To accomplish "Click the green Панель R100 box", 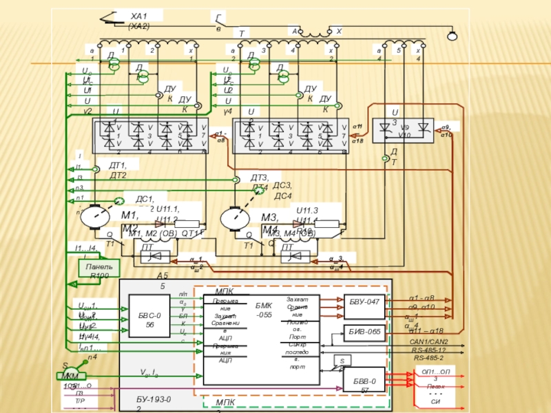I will coord(99,269).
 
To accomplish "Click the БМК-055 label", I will coord(264,309).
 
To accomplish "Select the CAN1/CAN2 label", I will coord(428,342).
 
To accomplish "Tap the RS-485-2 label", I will coord(428,358).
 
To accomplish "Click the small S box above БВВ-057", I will coord(342,360).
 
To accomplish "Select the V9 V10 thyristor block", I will coord(404,131).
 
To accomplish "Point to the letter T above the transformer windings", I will coord(242,33).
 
